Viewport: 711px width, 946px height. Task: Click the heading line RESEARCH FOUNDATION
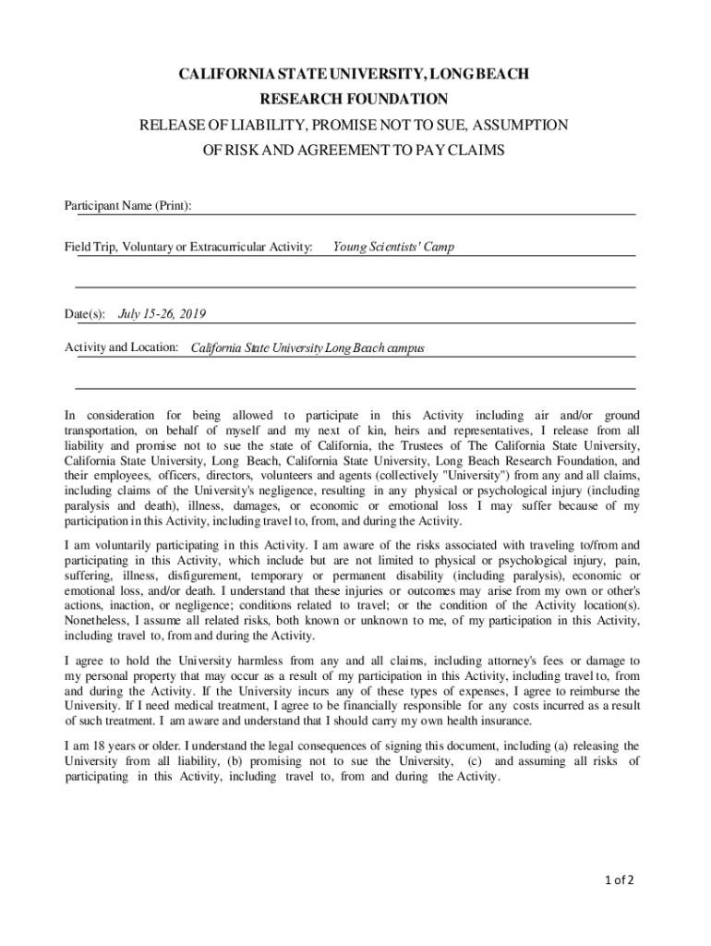354,99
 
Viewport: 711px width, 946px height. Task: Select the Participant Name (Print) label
128,205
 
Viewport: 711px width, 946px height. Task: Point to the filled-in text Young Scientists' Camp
393,247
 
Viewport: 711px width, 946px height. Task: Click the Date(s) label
85,314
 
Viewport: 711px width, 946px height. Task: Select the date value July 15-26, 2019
163,314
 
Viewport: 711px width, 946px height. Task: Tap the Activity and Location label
121,347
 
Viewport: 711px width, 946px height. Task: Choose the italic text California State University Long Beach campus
307,348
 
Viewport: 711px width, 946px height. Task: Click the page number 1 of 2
614,879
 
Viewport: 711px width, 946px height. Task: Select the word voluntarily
125,545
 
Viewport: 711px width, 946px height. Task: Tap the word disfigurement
209,575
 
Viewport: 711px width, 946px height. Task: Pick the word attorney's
524,661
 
